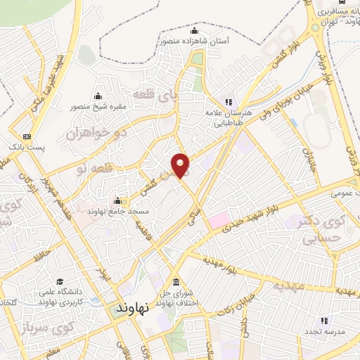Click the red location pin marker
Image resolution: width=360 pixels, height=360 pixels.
(x=181, y=165)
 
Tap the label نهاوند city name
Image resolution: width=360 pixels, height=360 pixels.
(x=134, y=309)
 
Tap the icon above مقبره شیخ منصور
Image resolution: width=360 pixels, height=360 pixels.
(x=97, y=97)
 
